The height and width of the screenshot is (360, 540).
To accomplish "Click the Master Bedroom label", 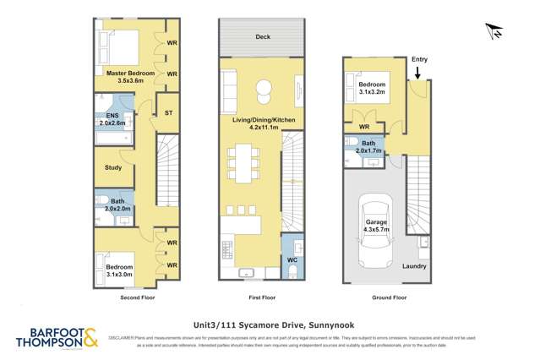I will (x=130, y=74).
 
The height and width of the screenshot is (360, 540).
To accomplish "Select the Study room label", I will (x=112, y=167).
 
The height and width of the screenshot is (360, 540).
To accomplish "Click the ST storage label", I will (x=168, y=112).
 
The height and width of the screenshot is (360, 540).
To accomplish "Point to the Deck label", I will (x=263, y=37).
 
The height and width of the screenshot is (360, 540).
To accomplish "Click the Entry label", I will (x=418, y=59).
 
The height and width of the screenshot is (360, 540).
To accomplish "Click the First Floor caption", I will (x=262, y=297).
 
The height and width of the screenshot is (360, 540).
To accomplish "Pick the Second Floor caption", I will (x=137, y=297).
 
